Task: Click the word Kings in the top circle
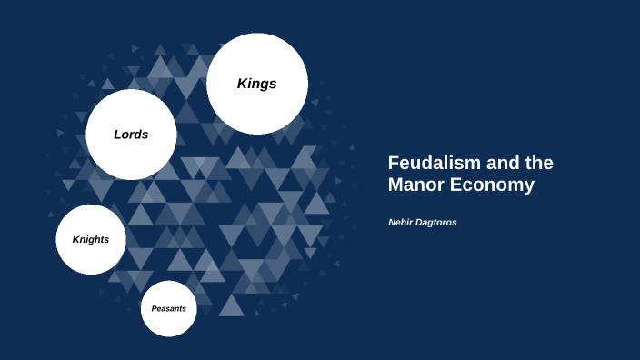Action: pos(256,84)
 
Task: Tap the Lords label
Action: pos(131,135)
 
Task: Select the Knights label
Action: pos(91,239)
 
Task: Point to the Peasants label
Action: pos(169,308)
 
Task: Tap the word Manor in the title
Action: pos(415,185)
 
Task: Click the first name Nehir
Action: pos(402,222)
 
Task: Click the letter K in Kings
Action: pos(242,84)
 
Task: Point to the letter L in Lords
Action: pos(117,135)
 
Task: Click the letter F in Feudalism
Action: pos(394,163)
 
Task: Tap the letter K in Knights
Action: pos(76,239)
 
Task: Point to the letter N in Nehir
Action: pos(392,222)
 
